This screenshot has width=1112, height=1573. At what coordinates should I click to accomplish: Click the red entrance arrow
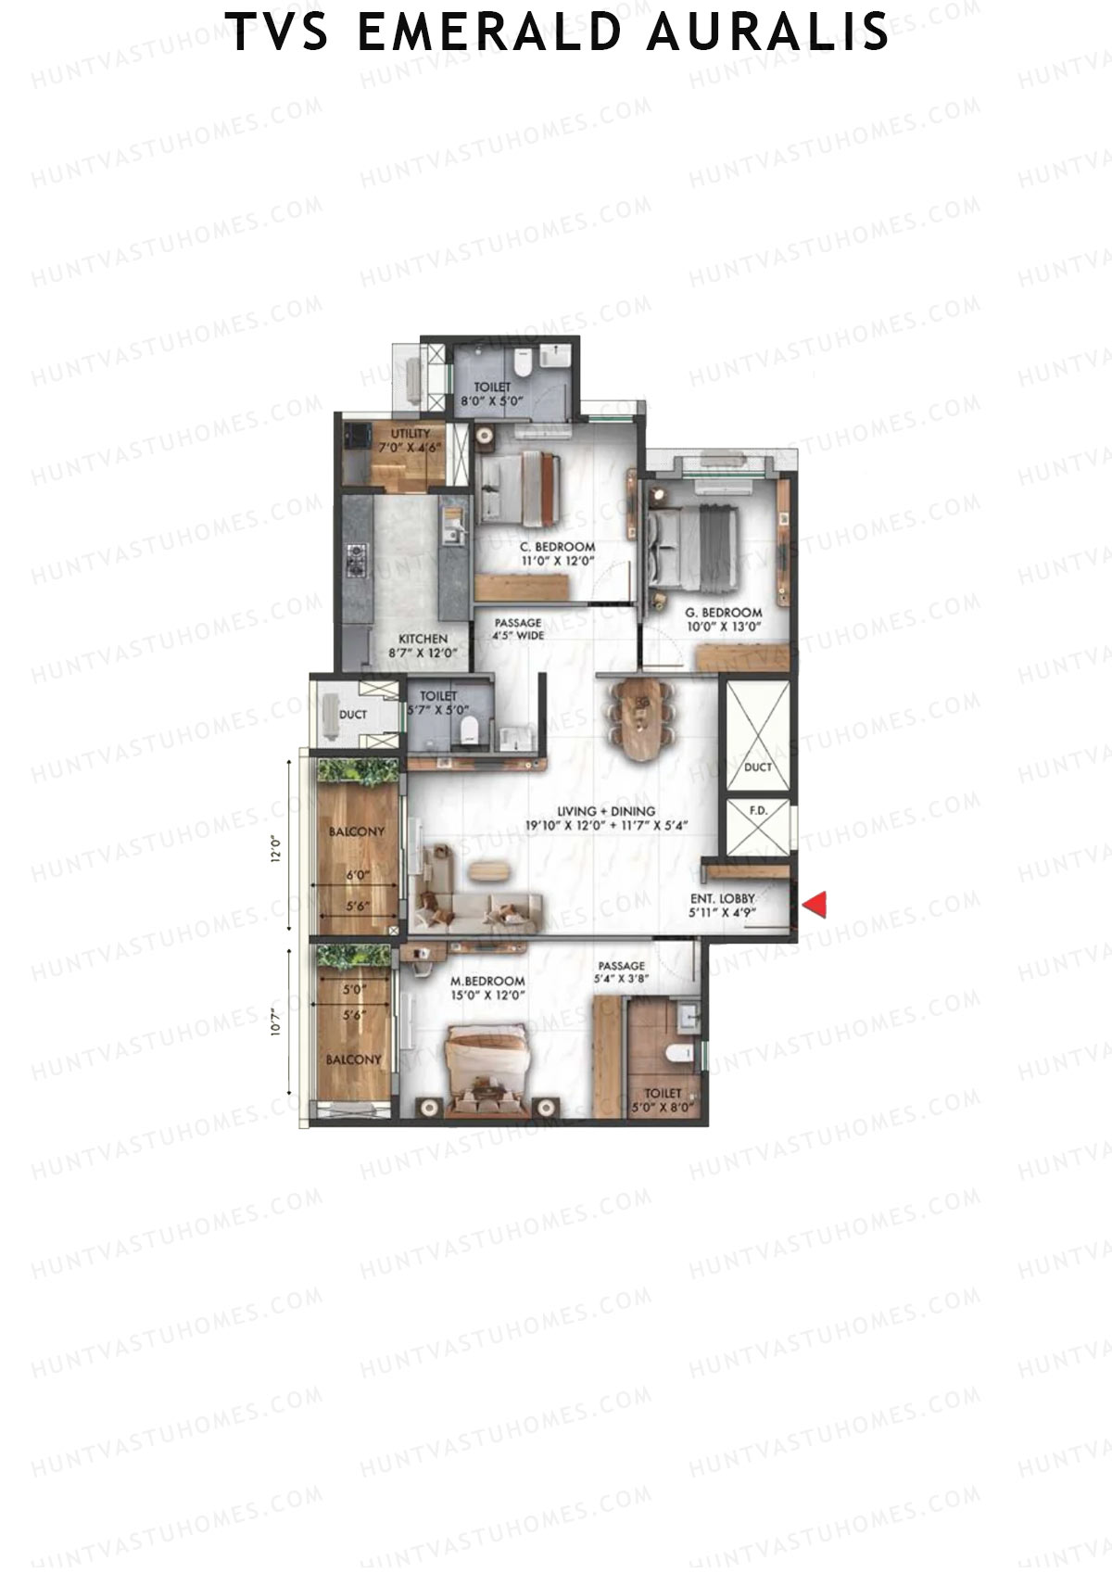(814, 905)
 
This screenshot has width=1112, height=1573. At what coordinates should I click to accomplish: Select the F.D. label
(758, 811)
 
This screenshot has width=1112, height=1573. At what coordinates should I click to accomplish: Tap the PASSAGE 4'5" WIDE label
(518, 629)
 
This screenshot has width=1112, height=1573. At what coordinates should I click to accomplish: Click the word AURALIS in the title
(768, 32)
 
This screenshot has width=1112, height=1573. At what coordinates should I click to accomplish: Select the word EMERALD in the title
(489, 32)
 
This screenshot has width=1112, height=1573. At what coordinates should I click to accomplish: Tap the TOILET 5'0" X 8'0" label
(663, 1099)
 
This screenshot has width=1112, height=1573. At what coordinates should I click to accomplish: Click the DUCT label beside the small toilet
(353, 715)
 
